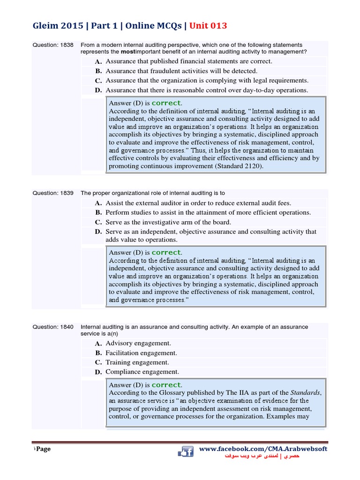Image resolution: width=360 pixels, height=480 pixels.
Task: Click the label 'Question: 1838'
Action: [x=53, y=45]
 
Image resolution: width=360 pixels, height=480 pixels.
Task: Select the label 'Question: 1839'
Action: [x=53, y=193]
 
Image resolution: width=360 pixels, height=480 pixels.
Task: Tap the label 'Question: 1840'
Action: [x=53, y=327]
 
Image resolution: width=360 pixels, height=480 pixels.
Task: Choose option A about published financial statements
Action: [x=188, y=61]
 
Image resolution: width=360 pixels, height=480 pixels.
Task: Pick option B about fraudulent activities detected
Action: [x=181, y=71]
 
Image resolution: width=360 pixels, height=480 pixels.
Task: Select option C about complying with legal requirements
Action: [x=207, y=81]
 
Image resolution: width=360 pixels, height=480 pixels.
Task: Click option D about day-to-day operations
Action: [x=207, y=90]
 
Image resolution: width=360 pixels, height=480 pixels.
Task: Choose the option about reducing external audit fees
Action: [x=198, y=203]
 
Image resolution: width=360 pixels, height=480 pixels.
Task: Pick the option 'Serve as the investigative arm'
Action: [x=168, y=222]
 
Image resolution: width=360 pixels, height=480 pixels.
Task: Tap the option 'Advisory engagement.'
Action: [x=138, y=344]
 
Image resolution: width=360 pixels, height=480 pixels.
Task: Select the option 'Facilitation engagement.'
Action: [x=141, y=353]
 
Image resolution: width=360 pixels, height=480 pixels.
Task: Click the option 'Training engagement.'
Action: [x=137, y=362]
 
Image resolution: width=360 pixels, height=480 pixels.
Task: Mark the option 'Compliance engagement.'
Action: [x=142, y=372]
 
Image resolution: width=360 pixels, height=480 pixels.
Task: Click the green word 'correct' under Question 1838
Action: [x=166, y=103]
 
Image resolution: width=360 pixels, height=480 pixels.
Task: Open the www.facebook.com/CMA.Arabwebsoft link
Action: [x=263, y=449]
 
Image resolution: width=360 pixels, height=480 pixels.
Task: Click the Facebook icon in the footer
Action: [x=186, y=452]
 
